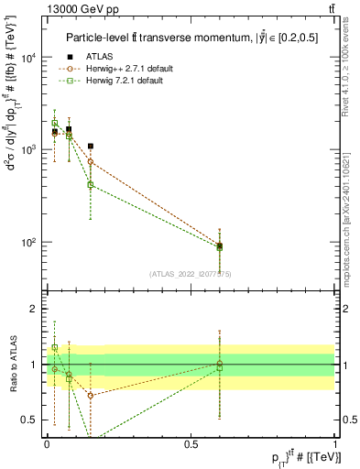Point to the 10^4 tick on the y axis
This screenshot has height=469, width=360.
(x=30, y=58)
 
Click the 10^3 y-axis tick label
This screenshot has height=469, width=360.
(x=30, y=149)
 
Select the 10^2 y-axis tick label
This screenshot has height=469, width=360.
(x=30, y=243)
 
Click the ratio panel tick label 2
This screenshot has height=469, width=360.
(x=36, y=309)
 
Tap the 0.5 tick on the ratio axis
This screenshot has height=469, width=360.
(x=32, y=420)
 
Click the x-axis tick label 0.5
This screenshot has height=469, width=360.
(x=191, y=442)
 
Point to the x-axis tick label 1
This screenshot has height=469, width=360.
(x=335, y=442)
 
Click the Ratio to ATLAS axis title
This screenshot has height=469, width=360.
(x=12, y=364)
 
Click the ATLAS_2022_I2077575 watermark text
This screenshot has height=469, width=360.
(x=191, y=273)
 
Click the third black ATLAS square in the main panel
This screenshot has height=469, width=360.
(x=90, y=146)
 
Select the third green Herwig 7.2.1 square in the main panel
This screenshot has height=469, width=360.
(x=90, y=184)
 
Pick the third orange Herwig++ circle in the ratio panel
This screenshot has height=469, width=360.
(x=90, y=396)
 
